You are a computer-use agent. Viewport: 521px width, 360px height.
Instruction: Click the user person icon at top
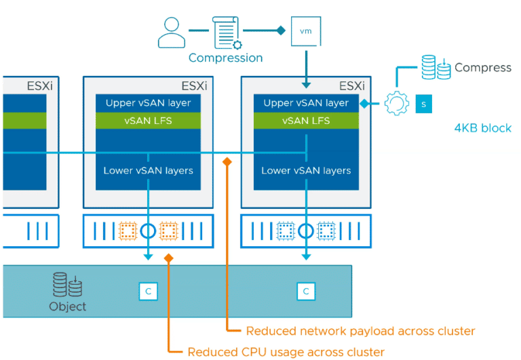pos(172,33)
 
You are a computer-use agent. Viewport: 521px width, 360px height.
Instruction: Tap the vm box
pos(305,31)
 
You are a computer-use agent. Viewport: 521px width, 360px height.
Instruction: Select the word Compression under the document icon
pos(225,58)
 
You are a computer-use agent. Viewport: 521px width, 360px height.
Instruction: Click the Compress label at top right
pos(482,68)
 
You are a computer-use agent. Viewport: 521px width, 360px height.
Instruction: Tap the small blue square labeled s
pos(423,104)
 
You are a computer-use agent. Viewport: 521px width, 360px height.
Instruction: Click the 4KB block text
pos(482,128)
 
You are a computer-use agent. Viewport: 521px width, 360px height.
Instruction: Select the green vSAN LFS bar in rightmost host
pos(306,121)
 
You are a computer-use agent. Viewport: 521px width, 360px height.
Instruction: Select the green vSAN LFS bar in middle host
pos(148,121)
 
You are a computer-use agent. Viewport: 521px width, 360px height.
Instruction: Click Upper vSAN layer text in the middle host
pos(148,103)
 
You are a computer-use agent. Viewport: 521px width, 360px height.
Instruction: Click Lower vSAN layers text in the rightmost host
pos(306,170)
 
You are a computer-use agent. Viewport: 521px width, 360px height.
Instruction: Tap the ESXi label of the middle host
pos(194,86)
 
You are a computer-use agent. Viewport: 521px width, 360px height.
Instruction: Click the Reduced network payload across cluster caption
pos(360,331)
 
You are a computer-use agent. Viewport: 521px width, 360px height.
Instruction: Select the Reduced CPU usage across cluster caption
pos(286,352)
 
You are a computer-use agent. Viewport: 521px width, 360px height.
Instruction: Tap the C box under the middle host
pos(148,292)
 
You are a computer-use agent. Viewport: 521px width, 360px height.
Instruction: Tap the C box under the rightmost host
pos(306,292)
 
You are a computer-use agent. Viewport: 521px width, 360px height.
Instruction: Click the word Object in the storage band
pos(68,306)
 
